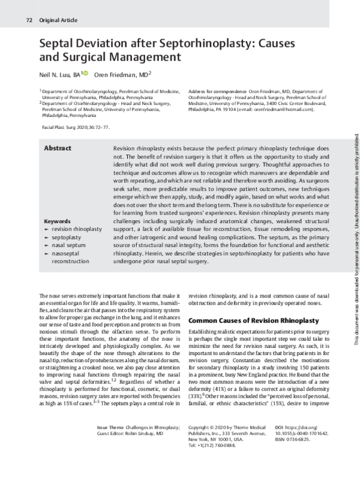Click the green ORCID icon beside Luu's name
tap(85, 73)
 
